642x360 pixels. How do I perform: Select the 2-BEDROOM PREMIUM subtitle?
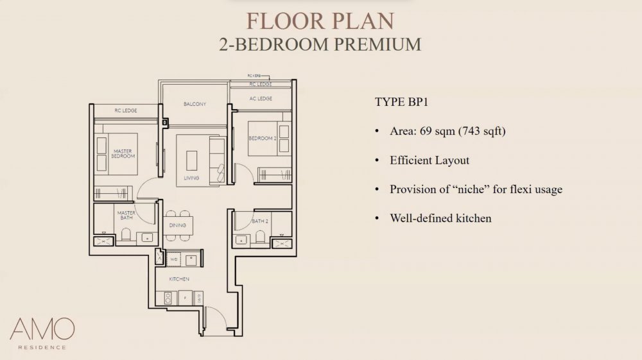tap(320, 44)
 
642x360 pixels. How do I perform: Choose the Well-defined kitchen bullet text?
tap(440, 218)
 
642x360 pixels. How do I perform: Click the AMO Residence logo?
tap(42, 334)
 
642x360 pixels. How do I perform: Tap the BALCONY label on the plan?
tap(194, 104)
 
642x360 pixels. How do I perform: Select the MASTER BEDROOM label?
tap(123, 153)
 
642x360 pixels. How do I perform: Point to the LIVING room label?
tap(191, 178)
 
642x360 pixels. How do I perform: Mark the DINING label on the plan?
tap(178, 225)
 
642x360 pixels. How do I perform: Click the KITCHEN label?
tap(179, 280)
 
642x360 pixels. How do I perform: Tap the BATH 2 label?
tap(259, 221)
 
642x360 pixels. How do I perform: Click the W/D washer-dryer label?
tap(174, 259)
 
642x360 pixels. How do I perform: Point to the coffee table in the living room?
tap(192, 159)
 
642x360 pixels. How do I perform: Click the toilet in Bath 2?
tap(260, 237)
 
